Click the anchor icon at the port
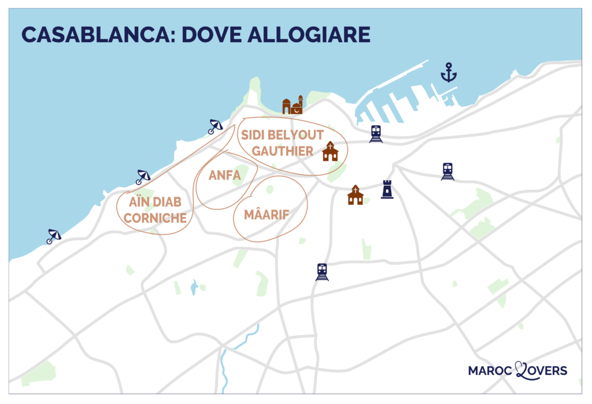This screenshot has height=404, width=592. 448,73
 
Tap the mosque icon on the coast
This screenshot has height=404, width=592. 293,105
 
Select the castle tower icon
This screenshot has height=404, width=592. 387,189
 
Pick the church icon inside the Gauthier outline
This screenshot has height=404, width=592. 330,151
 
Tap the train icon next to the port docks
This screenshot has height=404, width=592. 376,134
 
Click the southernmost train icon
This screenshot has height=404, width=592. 322,271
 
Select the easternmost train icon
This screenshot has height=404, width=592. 447,171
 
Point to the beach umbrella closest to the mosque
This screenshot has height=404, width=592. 215,126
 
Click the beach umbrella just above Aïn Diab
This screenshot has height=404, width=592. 142,177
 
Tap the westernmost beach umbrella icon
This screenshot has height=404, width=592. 54,236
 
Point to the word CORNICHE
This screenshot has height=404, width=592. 155,218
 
